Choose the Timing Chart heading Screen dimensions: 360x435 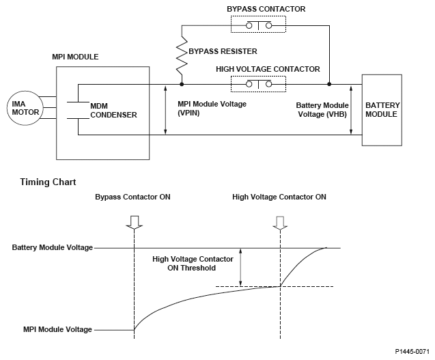(x=48, y=182)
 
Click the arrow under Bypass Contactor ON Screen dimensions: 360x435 (x=135, y=221)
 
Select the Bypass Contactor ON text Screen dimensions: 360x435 (x=133, y=197)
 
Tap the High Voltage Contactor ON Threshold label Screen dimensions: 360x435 (x=193, y=264)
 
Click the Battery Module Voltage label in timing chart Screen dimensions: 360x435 (x=52, y=247)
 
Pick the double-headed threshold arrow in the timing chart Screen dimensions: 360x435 (x=240, y=267)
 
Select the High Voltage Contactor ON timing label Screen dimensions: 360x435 (x=279, y=197)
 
